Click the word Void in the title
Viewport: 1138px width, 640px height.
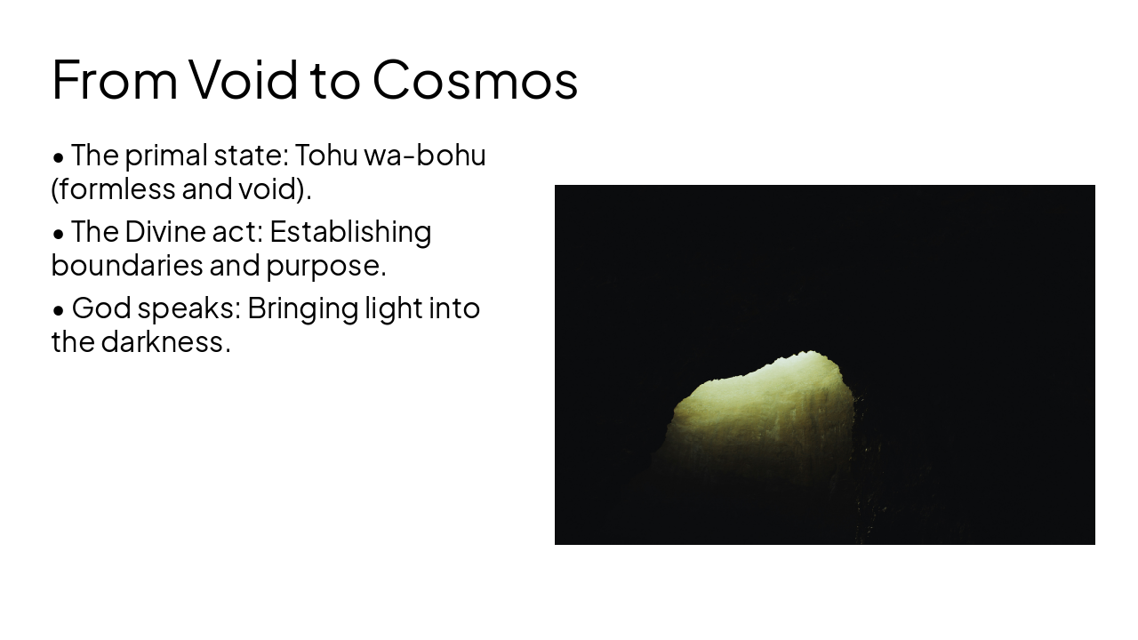point(244,79)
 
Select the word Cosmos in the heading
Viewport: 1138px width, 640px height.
point(475,79)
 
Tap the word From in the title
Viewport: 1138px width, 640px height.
point(115,79)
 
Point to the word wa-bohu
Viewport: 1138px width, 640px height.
point(425,156)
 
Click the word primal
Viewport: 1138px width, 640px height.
point(166,156)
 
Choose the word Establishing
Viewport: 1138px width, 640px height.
point(350,232)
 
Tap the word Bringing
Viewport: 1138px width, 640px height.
point(303,308)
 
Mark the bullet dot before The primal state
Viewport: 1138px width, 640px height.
point(59,158)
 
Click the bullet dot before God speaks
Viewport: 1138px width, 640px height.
point(59,311)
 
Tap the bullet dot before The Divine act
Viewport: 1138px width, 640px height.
point(59,235)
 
